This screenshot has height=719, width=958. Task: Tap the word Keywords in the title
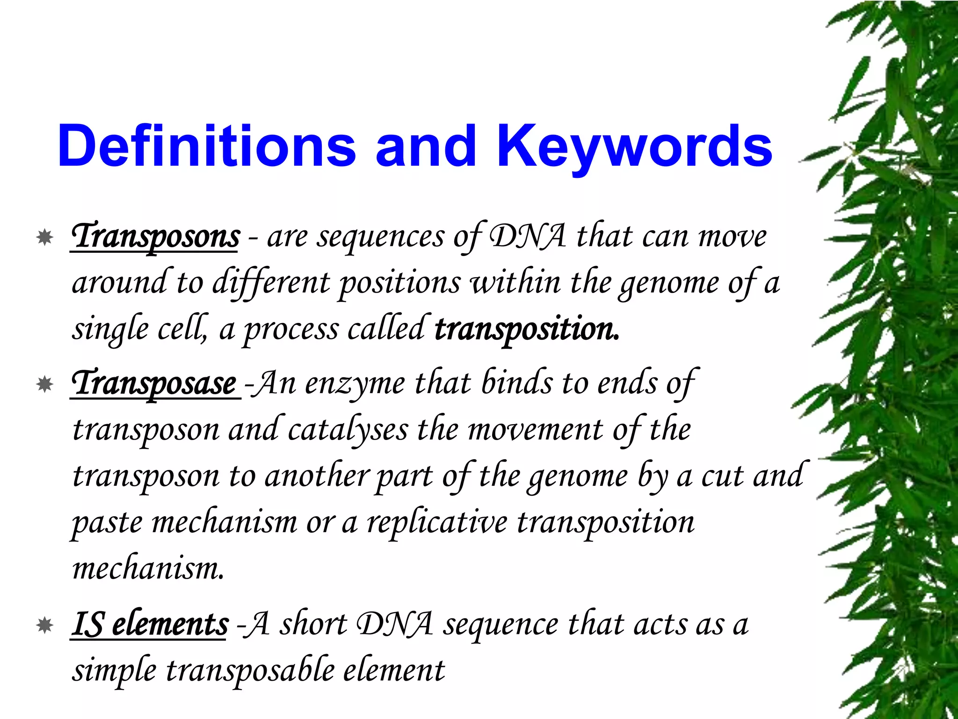coord(634,146)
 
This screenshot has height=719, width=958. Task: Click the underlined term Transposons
coord(155,236)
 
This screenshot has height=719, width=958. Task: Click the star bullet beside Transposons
coord(45,237)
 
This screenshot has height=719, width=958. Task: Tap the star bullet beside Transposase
coord(45,385)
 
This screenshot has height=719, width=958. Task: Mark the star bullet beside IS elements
coord(45,625)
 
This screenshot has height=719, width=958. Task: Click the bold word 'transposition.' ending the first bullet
coord(527,329)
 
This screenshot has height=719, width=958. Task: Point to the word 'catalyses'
coord(347,430)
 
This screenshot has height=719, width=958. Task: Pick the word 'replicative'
coord(437,522)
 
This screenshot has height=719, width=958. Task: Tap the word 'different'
coord(271,283)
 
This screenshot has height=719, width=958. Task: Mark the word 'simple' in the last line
coord(114,670)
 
